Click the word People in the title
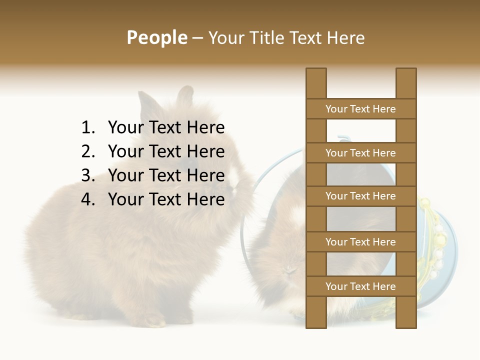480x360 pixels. click(156, 37)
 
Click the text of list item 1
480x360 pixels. click(166, 127)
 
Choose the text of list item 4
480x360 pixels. click(166, 199)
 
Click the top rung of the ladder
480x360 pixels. click(360, 108)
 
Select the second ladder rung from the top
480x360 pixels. click(360, 152)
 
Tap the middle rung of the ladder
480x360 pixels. click(360, 196)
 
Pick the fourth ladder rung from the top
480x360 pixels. click(360, 241)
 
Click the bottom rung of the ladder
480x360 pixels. click(360, 286)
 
